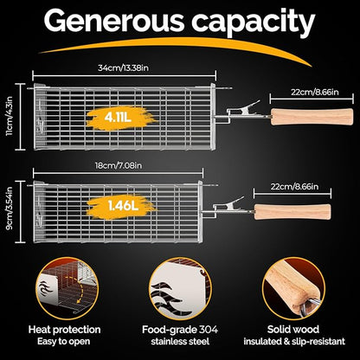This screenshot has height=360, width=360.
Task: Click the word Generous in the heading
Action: [x=113, y=21]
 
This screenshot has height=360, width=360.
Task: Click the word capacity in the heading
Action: [x=254, y=23]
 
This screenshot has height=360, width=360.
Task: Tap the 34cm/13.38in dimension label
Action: [x=124, y=67]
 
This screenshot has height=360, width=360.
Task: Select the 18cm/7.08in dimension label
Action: [x=119, y=165]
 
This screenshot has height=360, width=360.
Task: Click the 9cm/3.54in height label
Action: [x=10, y=209]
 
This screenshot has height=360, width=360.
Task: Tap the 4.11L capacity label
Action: [x=118, y=117]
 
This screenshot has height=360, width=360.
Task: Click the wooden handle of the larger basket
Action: [x=312, y=117]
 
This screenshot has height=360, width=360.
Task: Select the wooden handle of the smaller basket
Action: [x=292, y=212]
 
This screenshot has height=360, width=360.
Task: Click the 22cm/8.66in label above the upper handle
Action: [x=315, y=92]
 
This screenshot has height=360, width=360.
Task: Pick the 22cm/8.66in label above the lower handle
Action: [x=294, y=186]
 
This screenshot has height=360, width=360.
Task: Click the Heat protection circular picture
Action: [x=67, y=288]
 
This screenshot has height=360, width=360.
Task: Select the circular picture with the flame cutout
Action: [x=180, y=288]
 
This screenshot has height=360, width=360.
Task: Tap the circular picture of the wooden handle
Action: [x=293, y=288]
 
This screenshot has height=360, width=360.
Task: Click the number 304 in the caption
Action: [x=208, y=330]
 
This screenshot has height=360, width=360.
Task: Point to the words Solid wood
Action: [x=293, y=330]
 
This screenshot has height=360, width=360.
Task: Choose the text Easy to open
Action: [x=63, y=342]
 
